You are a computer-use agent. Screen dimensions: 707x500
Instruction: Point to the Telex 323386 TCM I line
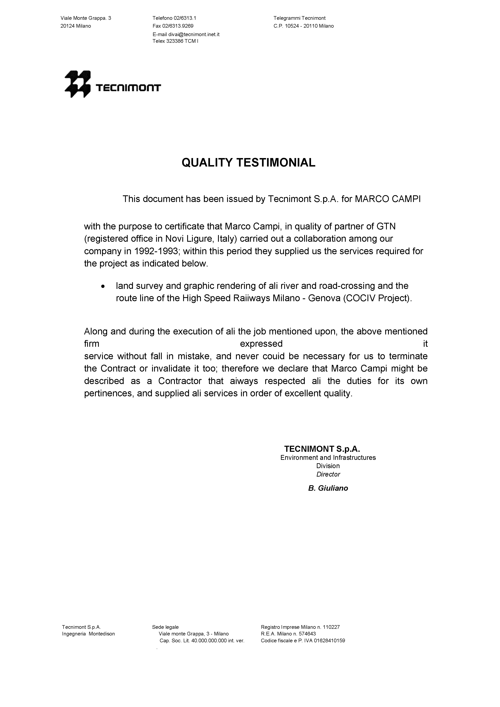click(175, 41)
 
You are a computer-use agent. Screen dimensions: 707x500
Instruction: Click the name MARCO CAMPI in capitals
click(387, 199)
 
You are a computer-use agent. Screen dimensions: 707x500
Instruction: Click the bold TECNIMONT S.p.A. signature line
click(322, 448)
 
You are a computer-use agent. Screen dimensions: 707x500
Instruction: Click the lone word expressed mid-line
click(261, 344)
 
